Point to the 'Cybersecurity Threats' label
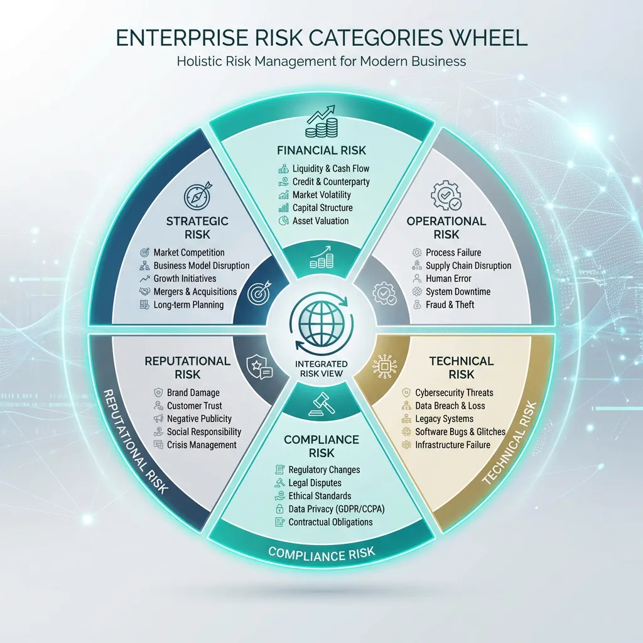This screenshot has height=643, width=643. (454, 392)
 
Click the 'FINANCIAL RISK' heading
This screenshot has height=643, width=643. (321, 150)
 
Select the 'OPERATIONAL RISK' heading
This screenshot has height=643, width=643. (446, 227)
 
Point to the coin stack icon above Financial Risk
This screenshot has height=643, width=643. (321, 122)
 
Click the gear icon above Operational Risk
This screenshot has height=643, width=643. (446, 196)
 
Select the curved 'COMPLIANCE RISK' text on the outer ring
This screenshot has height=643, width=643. (321, 553)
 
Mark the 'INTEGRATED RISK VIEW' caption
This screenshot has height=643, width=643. (321, 369)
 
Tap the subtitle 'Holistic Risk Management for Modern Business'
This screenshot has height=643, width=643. (321, 62)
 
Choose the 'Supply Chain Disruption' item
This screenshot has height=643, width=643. (468, 265)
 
